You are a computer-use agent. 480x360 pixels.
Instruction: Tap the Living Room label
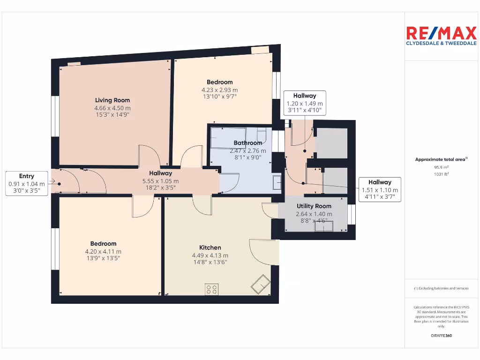pyautogui.click(x=112, y=100)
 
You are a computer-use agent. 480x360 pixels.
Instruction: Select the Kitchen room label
pyautogui.click(x=210, y=247)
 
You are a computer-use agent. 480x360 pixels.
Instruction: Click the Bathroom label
pyautogui.click(x=248, y=143)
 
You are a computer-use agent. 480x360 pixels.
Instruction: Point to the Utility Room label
pyautogui.click(x=314, y=206)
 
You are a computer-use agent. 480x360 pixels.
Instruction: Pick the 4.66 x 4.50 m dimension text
pyautogui.click(x=112, y=108)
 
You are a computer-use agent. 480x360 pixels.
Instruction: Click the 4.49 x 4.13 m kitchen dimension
pyautogui.click(x=210, y=255)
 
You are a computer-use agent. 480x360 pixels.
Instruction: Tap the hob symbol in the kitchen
pyautogui.click(x=211, y=290)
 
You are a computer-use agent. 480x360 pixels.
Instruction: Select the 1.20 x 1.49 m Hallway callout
pyautogui.click(x=305, y=103)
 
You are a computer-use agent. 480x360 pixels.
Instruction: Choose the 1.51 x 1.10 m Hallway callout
pyautogui.click(x=380, y=190)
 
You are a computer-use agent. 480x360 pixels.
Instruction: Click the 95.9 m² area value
pyautogui.click(x=441, y=167)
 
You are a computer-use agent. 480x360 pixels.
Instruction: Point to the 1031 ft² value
pyautogui.click(x=441, y=174)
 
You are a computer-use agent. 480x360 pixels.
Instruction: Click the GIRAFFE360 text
pyautogui.click(x=441, y=336)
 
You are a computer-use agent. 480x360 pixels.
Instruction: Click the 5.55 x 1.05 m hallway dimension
pyautogui.click(x=161, y=181)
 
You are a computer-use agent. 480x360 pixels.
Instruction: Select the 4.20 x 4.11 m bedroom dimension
pyautogui.click(x=103, y=251)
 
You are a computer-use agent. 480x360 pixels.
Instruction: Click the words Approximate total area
pyautogui.click(x=441, y=160)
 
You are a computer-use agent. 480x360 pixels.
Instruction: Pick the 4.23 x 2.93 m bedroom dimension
pyautogui.click(x=220, y=90)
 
